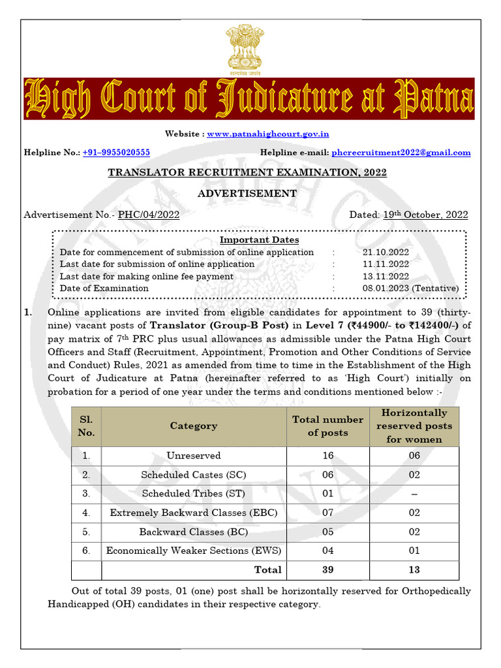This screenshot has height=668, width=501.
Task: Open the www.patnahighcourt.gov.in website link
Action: (x=268, y=134)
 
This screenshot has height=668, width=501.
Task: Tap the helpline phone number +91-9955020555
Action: (x=116, y=152)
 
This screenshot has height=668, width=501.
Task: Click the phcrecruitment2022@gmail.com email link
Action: (x=401, y=152)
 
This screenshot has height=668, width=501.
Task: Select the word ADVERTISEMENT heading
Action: (x=247, y=193)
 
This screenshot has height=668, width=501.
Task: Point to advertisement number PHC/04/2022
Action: (x=149, y=215)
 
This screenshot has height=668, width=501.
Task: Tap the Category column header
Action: (x=194, y=426)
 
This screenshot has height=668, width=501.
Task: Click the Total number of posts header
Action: (x=327, y=426)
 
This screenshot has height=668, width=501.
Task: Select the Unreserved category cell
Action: (x=194, y=455)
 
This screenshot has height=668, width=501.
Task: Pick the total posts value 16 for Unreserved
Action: (x=327, y=455)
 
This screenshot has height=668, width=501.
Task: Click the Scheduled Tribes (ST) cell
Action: (x=194, y=494)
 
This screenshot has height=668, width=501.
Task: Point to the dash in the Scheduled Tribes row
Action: (x=414, y=494)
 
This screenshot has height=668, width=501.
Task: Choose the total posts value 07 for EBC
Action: (x=327, y=513)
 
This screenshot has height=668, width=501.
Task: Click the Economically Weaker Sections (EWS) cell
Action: (x=194, y=551)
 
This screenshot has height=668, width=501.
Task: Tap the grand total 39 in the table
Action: (x=327, y=569)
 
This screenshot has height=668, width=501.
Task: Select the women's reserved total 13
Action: (x=414, y=569)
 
